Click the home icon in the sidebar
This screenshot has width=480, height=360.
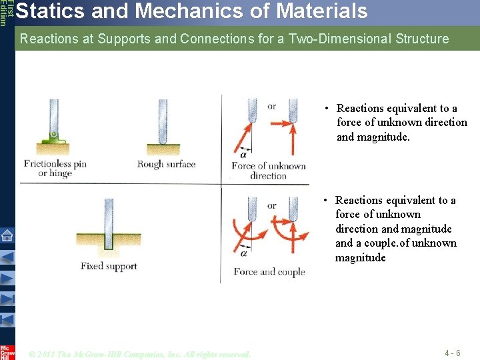pyautogui.click(x=7, y=235)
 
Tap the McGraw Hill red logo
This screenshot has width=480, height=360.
pyautogui.click(x=7, y=351)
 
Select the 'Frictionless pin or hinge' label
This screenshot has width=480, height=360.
pyautogui.click(x=55, y=169)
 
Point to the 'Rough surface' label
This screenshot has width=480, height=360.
pyautogui.click(x=166, y=164)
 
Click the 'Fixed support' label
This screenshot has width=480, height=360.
pyautogui.click(x=109, y=266)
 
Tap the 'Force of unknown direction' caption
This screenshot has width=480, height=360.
pyautogui.click(x=268, y=171)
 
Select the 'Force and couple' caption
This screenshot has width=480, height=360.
pyautogui.click(x=269, y=271)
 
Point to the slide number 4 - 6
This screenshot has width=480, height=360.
pyautogui.click(x=452, y=353)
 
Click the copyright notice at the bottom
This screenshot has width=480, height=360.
pyautogui.click(x=140, y=354)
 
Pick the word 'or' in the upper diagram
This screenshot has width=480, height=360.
pyautogui.click(x=271, y=107)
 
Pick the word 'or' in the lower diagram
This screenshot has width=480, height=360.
pyautogui.click(x=271, y=205)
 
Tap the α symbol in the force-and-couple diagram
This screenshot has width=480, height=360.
pyautogui.click(x=243, y=253)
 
